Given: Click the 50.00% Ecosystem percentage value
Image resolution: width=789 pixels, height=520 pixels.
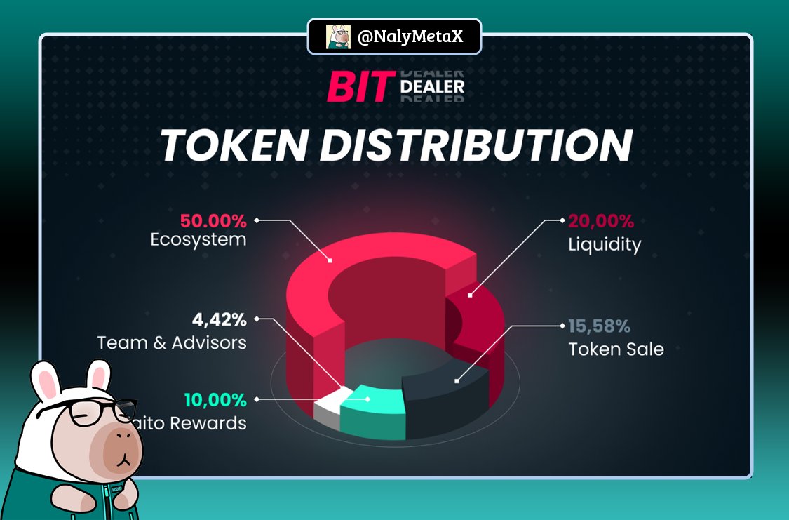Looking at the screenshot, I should [x=213, y=221].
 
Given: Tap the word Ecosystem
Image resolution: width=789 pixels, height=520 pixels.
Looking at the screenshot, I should [x=198, y=240].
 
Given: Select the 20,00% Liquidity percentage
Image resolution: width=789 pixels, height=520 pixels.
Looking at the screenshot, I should [x=601, y=221].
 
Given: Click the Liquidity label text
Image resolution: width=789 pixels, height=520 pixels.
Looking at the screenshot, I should [x=605, y=245].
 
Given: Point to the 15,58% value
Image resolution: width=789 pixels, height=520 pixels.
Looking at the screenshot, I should [x=599, y=326].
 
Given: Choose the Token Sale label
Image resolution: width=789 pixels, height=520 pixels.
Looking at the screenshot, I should [x=616, y=349].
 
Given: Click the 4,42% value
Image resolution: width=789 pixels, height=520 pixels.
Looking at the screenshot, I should [x=219, y=321].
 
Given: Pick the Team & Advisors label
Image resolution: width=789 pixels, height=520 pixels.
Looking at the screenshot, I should [x=172, y=342].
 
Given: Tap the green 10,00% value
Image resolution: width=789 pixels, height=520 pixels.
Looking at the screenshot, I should [x=215, y=401].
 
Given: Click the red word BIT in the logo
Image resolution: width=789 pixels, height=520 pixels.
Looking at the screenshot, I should [x=357, y=88].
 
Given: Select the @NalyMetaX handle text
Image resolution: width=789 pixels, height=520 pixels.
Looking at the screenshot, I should [x=410, y=36].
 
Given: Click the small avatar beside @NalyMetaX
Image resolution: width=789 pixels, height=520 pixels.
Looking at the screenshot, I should [x=338, y=36].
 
